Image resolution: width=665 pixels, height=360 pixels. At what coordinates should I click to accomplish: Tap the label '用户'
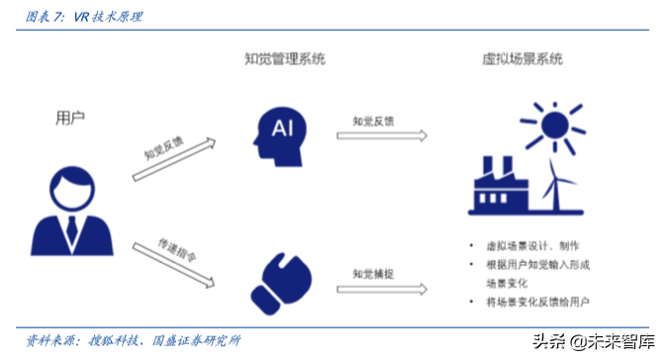pyautogui.click(x=69, y=118)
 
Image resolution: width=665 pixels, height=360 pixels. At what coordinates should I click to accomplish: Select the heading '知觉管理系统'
pyautogui.click(x=284, y=59)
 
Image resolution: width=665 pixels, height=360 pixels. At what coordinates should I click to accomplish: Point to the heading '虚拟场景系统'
pyautogui.click(x=516, y=59)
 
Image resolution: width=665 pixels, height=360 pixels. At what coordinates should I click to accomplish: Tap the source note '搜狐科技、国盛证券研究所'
pyautogui.click(x=164, y=341)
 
